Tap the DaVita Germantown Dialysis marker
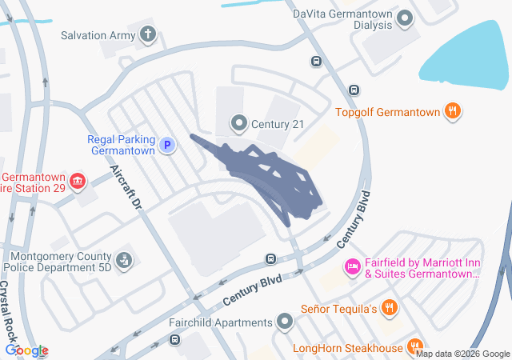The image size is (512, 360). (x=405, y=17)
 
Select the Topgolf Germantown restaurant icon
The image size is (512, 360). (x=454, y=112)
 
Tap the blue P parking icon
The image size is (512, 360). (x=167, y=145)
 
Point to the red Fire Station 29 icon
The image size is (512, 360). (x=78, y=182)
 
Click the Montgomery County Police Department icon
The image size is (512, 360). (x=124, y=260)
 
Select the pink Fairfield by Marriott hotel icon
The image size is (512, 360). (x=351, y=266)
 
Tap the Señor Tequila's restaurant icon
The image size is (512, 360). (x=389, y=307)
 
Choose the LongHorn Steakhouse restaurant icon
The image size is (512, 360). (x=414, y=346)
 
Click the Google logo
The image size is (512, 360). (x=26, y=350)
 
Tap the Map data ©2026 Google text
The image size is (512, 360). (x=462, y=354)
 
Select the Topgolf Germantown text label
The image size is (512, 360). (x=387, y=113)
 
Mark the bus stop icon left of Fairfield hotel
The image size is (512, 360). (x=271, y=258)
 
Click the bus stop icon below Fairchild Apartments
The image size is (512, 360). (x=174, y=340)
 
